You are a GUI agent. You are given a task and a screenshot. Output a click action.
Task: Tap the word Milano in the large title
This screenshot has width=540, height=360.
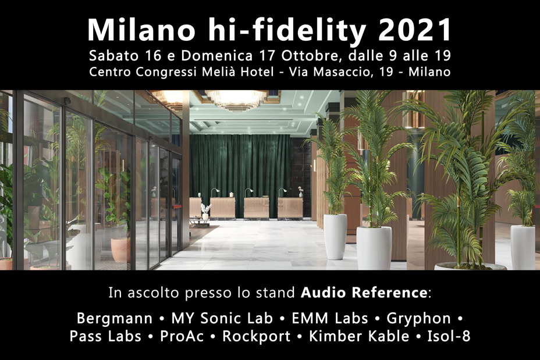coord(141,30)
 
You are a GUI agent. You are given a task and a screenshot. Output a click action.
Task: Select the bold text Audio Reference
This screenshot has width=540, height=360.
coord(364,293)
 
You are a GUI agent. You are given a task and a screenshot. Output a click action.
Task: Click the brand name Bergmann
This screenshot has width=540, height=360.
coord(114,319)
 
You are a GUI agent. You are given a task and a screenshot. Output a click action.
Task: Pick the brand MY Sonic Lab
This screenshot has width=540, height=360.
coord(222,318)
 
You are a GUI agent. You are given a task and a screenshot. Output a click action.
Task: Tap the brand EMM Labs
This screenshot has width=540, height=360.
coord(330,318)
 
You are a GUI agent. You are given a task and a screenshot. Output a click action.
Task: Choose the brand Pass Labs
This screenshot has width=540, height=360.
coord(105,336)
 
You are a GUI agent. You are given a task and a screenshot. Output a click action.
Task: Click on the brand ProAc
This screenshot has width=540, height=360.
coord(182,336)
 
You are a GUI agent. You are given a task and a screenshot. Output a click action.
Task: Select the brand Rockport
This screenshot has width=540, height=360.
coord(257,337)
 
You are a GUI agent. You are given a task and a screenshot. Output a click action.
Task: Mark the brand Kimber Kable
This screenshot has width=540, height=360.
coord(359,336)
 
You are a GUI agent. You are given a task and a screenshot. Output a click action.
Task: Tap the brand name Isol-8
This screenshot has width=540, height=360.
coord(449,336)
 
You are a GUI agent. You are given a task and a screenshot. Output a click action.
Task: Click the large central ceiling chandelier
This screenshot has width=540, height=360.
coord(237,100)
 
